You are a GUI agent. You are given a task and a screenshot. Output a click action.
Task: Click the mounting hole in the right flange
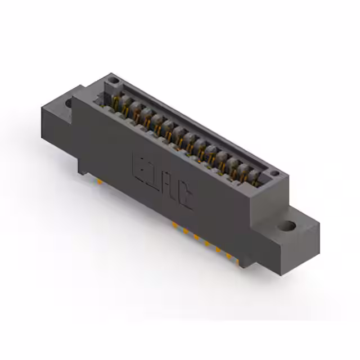click(288, 227)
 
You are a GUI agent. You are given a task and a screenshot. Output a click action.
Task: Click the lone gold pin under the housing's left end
click(99, 182)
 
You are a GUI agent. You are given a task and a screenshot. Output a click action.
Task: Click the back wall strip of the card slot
click(191, 121)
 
